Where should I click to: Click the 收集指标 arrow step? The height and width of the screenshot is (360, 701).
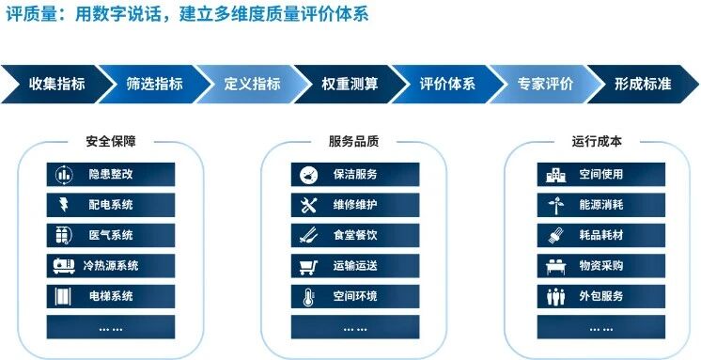56,84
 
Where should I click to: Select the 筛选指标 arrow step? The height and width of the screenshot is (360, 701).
154,84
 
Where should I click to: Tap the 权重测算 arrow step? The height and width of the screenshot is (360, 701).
350,84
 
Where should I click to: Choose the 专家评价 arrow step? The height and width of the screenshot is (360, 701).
545,84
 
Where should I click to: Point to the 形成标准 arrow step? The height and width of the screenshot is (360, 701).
643,84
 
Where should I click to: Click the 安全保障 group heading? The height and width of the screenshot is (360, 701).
111,141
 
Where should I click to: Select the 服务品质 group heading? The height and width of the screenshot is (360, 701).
353,141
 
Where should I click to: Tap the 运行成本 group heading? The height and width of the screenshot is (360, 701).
597,141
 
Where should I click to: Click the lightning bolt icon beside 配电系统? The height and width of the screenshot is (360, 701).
64,205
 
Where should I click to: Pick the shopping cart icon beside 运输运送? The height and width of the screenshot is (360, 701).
308,266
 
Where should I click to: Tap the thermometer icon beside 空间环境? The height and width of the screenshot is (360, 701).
308,296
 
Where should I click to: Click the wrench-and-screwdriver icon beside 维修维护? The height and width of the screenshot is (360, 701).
308,205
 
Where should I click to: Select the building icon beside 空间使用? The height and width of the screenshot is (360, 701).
555,175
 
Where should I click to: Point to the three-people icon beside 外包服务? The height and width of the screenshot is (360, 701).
555,296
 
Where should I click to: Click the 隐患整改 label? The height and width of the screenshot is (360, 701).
111,174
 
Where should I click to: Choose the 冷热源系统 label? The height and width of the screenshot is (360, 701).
111,266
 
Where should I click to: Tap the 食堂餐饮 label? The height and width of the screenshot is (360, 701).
355,235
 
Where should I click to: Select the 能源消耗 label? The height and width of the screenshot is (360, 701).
600,205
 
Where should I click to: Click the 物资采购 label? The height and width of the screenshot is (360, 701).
600,266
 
